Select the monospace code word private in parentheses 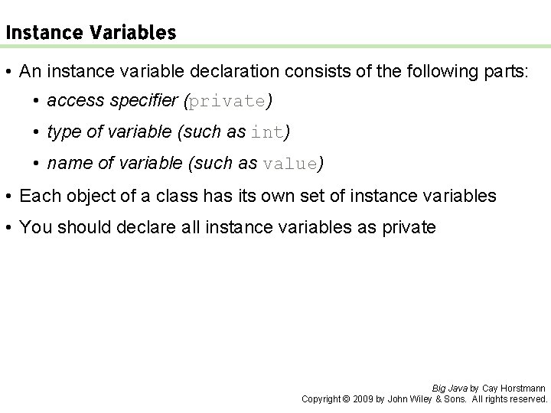click(228, 101)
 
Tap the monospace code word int click(267, 132)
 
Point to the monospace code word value click(290, 164)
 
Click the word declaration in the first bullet click(238, 72)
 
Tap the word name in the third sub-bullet click(67, 164)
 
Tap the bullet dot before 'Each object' click(8, 197)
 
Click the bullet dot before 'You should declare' click(8, 228)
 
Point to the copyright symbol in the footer click(345, 398)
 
